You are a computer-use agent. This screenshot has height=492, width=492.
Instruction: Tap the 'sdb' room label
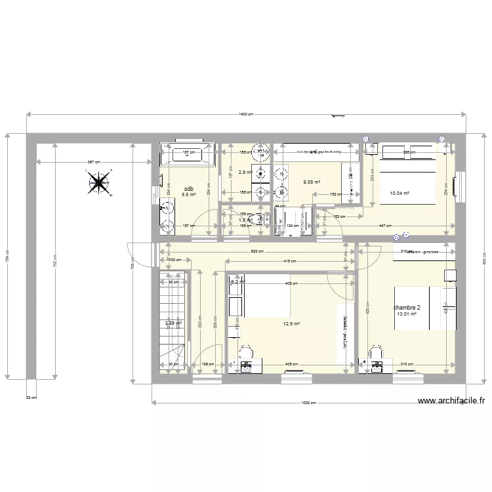point(189,188)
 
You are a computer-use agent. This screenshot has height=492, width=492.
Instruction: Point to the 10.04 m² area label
point(400,194)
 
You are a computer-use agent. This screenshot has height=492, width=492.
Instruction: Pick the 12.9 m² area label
point(291,323)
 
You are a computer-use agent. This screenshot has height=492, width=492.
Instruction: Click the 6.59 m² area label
point(312,182)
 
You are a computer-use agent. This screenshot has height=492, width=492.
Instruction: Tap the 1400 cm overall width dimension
point(246,114)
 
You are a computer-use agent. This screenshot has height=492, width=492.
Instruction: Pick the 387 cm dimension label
point(93,161)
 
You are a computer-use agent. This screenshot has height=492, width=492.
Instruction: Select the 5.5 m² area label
point(189,195)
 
